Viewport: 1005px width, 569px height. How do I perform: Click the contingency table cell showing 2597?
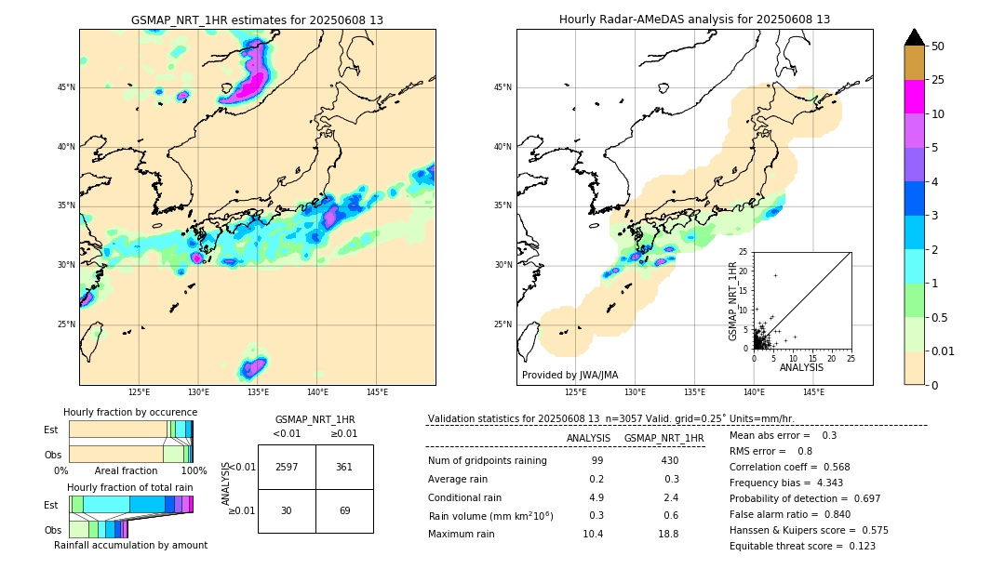(287, 467)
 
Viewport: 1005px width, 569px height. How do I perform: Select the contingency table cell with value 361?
(344, 467)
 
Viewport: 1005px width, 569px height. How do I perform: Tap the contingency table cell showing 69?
(344, 510)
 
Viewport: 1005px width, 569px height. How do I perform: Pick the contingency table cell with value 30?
(287, 510)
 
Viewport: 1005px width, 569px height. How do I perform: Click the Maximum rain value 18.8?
(670, 535)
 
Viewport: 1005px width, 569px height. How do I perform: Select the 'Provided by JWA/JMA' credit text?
(569, 376)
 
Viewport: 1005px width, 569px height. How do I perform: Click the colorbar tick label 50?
(938, 46)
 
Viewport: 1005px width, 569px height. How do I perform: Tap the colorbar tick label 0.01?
(944, 351)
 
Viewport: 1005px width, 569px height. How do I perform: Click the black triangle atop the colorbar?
(915, 37)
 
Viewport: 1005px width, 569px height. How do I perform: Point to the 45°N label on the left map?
(66, 87)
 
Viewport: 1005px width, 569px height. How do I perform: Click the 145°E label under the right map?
(813, 392)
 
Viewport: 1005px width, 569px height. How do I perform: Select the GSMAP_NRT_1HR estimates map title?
(257, 20)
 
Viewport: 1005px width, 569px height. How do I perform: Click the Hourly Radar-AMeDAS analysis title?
(694, 20)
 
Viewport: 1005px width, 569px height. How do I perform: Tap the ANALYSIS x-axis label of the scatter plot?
(801, 367)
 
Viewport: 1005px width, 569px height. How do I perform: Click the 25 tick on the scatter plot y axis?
(744, 252)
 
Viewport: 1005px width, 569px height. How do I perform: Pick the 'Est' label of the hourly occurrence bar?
(51, 430)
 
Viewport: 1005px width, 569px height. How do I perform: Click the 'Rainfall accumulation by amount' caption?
(130, 546)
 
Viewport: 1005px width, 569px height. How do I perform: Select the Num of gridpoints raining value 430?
(670, 461)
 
